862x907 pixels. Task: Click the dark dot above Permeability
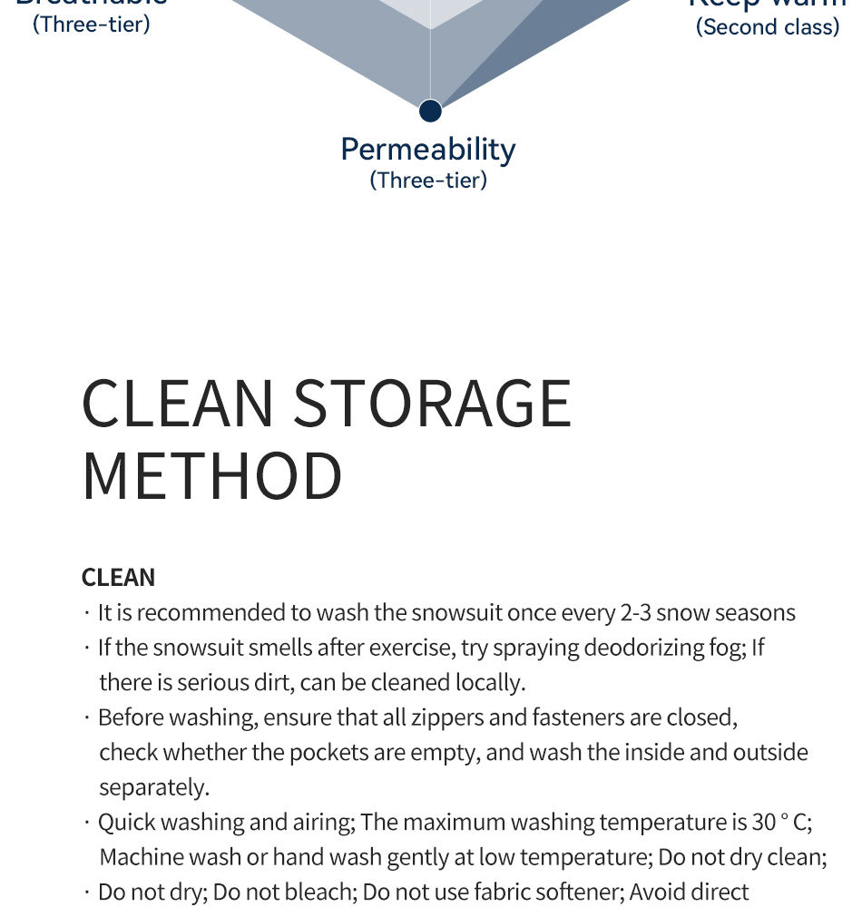pos(430,111)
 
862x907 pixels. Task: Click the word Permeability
pos(428,150)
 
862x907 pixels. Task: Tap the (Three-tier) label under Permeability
pos(428,180)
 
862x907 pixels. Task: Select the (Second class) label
pos(768,27)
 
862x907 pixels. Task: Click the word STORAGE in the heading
pos(433,404)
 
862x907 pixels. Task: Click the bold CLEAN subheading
pos(118,578)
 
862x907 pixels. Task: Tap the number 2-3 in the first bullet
pos(635,613)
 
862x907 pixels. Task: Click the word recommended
pos(211,613)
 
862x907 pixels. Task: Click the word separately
pos(154,786)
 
